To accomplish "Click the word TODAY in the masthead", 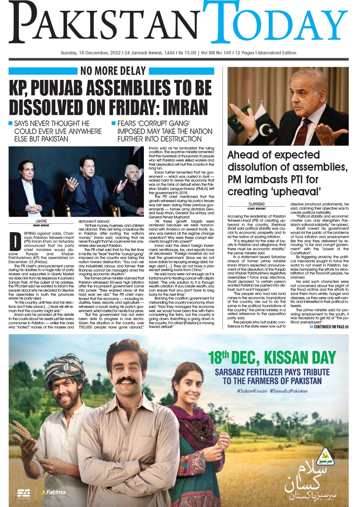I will click(276, 23).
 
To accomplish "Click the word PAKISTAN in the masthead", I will click(105, 25).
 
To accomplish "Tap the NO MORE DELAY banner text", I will click(113, 71).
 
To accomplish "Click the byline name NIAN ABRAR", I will click(41, 224).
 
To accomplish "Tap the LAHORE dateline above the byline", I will click(41, 220).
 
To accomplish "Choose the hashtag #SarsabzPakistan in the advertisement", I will click(289, 391).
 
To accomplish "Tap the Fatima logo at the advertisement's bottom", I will click(53, 492).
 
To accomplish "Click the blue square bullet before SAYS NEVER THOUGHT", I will click(10, 124).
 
